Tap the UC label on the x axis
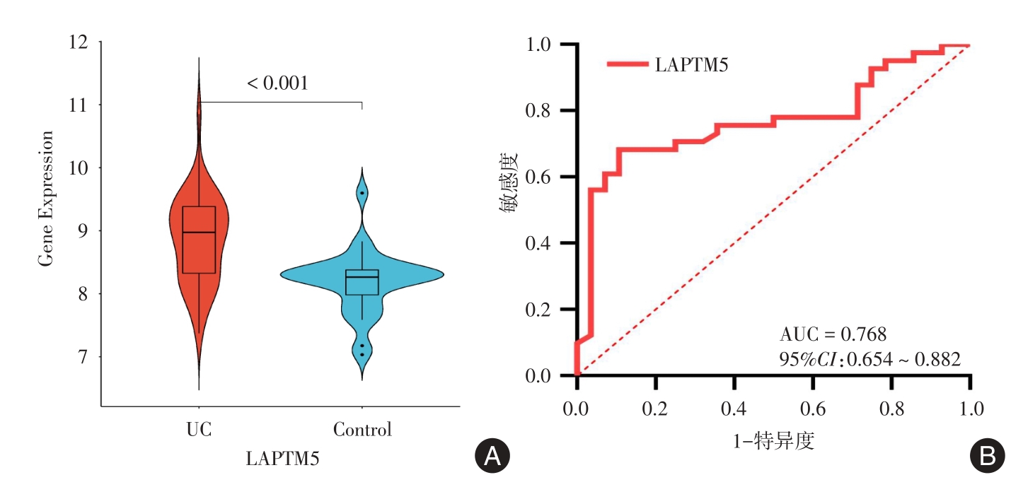point(199,430)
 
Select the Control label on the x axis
point(362,430)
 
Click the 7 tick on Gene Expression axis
point(85,357)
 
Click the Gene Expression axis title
point(46,199)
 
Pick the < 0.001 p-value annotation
point(277,83)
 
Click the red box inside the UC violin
point(199,240)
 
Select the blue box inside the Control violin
point(362,282)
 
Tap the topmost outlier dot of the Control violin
point(362,193)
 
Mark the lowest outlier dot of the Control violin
point(362,355)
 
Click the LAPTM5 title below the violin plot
point(282,458)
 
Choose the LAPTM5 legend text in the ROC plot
point(691,65)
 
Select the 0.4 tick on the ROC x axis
point(734,409)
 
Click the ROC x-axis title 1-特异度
point(773,442)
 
